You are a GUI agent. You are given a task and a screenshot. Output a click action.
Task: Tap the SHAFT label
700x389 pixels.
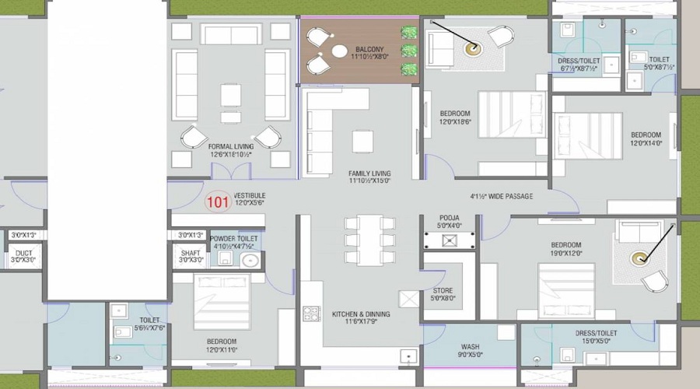click(190, 254)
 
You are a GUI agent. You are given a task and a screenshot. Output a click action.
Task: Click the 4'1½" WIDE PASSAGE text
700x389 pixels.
click(502, 196)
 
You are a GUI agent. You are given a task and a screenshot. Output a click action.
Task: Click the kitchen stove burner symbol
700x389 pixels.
click(310, 314)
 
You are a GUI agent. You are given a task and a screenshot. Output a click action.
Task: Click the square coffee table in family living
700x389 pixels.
click(362, 141)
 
